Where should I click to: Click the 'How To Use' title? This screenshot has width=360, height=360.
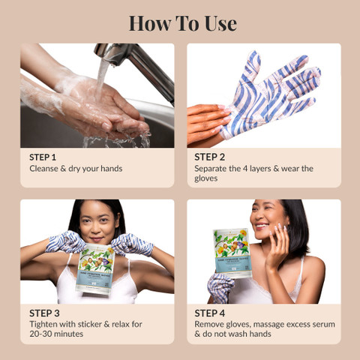[182, 22]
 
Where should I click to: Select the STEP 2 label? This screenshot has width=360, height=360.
[210, 157]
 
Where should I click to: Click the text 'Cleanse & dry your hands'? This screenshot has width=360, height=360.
[76, 169]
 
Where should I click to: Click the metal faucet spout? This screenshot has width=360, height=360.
[127, 57]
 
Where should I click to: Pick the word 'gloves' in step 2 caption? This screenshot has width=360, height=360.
[210, 179]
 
